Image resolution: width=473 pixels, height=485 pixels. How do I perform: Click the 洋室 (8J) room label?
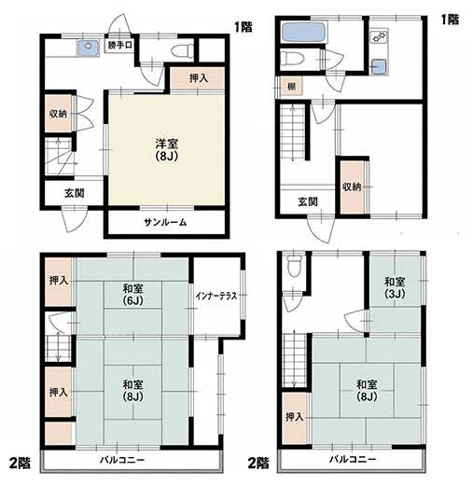pyautogui.click(x=167, y=150)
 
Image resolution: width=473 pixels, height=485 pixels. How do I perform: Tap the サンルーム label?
pyautogui.click(x=165, y=222)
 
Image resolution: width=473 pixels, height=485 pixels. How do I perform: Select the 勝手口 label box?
pyautogui.click(x=120, y=46)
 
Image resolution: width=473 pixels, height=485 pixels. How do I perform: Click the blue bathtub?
pyautogui.click(x=304, y=33)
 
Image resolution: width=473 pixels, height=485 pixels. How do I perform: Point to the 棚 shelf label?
pyautogui.click(x=291, y=86)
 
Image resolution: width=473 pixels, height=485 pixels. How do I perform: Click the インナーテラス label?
pyautogui.click(x=216, y=296)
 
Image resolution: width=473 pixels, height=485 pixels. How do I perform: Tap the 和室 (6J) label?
pyautogui.click(x=132, y=295)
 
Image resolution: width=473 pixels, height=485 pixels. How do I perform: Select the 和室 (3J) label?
pyautogui.click(x=395, y=287)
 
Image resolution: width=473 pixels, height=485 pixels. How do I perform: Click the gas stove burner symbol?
pyautogui.click(x=379, y=36)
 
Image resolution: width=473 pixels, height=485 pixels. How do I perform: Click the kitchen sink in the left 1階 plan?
pyautogui.click(x=89, y=48)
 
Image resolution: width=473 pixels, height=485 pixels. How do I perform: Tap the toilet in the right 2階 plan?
pyautogui.click(x=293, y=266)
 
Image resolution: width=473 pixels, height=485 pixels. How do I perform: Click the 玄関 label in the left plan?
pyautogui.click(x=75, y=193)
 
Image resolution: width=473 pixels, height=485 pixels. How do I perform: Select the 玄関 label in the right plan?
pyautogui.click(x=308, y=201)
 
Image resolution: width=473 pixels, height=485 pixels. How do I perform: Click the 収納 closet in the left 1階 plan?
pyautogui.click(x=58, y=114)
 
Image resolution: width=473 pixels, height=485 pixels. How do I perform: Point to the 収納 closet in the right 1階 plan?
pyautogui.click(x=352, y=187)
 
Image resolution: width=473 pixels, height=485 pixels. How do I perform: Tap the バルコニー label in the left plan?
pyautogui.click(x=122, y=460)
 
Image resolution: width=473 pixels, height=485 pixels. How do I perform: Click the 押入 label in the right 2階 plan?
pyautogui.click(x=294, y=417)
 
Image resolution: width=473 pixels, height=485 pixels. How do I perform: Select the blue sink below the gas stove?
pyautogui.click(x=379, y=66)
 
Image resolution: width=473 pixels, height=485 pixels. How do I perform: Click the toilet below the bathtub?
pyautogui.click(x=292, y=59)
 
